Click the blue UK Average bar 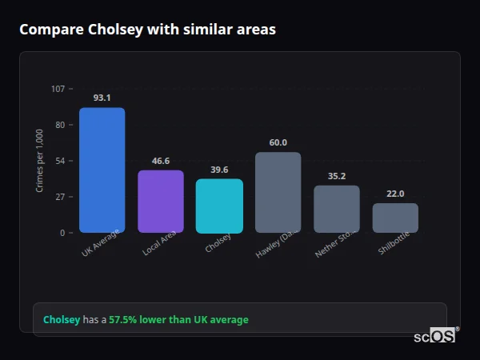(102, 170)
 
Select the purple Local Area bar (161, 202)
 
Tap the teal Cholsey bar (219, 206)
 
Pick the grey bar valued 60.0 (278, 193)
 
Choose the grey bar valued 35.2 (337, 210)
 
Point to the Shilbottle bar (395, 218)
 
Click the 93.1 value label (102, 98)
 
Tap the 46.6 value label (161, 161)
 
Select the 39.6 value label (219, 170)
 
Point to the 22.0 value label (395, 194)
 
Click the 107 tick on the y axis (58, 89)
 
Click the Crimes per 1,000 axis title (40, 161)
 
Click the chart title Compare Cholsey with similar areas (147, 30)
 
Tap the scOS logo (435, 336)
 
